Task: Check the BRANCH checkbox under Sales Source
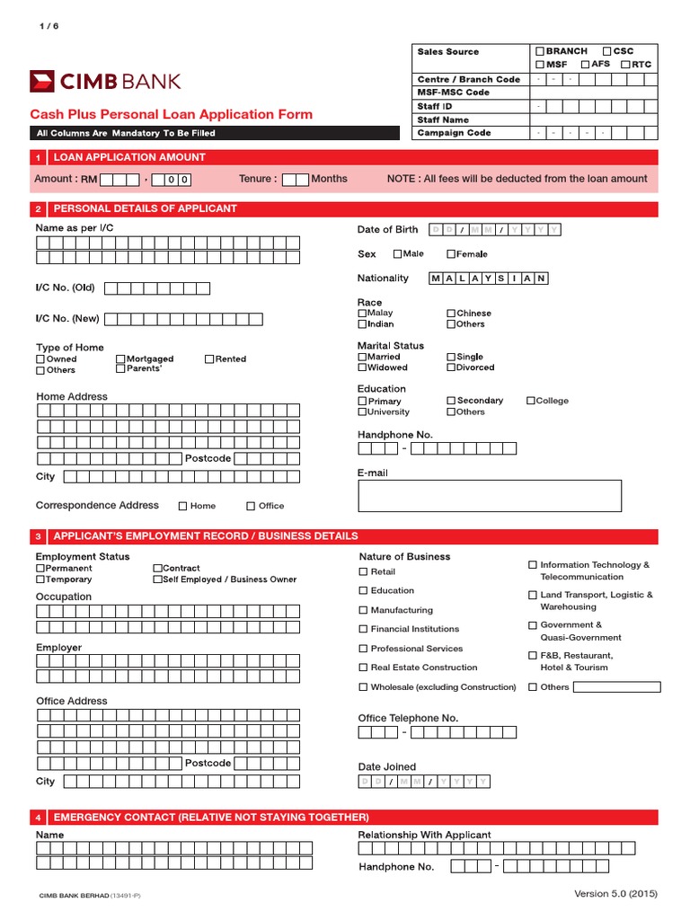click(x=540, y=52)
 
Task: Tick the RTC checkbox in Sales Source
click(x=625, y=65)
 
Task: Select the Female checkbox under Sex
click(x=451, y=254)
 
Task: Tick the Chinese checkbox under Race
click(x=451, y=314)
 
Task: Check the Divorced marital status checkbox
click(x=451, y=367)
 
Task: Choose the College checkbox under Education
click(x=531, y=401)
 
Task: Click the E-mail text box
click(x=489, y=496)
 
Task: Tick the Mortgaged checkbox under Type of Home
click(x=120, y=358)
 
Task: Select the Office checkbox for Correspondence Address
click(x=252, y=506)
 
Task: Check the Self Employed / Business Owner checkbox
click(x=157, y=579)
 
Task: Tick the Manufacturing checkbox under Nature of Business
click(x=363, y=610)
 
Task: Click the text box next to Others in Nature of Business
click(x=616, y=687)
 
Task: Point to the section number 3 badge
click(x=39, y=536)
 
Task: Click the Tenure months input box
click(x=296, y=180)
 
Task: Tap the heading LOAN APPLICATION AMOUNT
click(x=129, y=157)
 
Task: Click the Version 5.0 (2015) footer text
click(x=615, y=894)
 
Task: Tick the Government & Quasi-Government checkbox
click(x=533, y=625)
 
